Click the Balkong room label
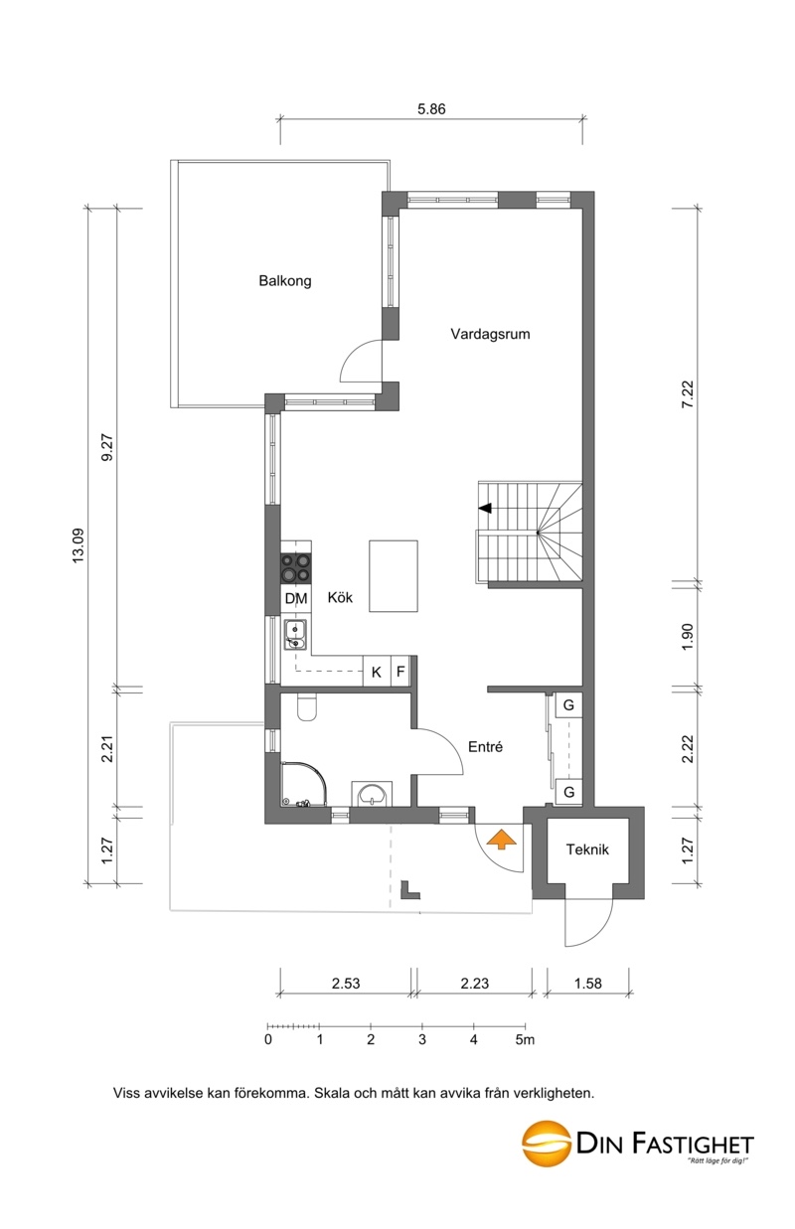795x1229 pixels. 285,281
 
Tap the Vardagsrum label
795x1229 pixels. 490,334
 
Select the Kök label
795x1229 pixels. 340,597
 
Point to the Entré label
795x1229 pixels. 485,747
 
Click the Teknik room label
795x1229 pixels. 587,849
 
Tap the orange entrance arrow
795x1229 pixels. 502,840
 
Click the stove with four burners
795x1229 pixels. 296,568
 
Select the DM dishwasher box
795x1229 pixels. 296,598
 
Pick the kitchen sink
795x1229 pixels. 296,635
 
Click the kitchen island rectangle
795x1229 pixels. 393,575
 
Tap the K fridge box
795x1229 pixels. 377,672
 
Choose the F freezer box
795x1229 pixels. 400,672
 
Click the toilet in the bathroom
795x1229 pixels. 306,707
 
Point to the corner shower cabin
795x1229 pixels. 303,784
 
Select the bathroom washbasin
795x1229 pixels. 372,794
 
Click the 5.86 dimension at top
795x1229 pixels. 431,109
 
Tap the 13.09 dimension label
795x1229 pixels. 78,544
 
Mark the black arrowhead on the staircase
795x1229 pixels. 485,509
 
